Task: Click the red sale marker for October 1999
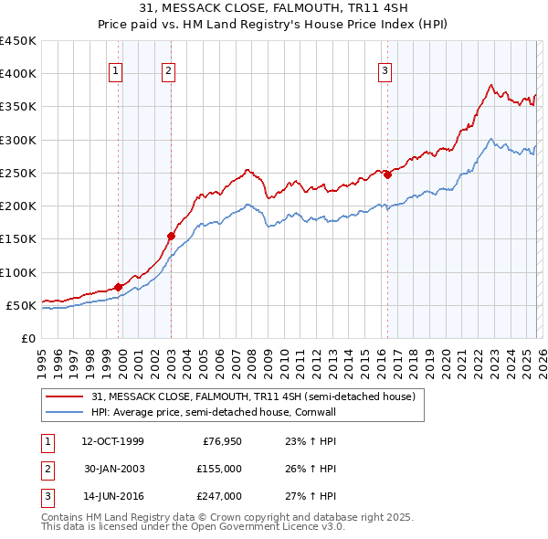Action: pyautogui.click(x=119, y=287)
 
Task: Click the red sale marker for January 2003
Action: pyautogui.click(x=171, y=236)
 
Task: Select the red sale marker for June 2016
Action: pyautogui.click(x=387, y=174)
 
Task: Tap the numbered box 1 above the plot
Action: pyautogui.click(x=118, y=72)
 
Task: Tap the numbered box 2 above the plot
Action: pyautogui.click(x=170, y=72)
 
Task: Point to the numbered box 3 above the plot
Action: pyautogui.click(x=385, y=72)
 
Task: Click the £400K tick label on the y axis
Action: pyautogui.click(x=18, y=74)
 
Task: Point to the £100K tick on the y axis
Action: pyautogui.click(x=18, y=272)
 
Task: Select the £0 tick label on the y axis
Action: pyautogui.click(x=27, y=338)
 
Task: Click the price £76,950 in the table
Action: pyautogui.click(x=222, y=441)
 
